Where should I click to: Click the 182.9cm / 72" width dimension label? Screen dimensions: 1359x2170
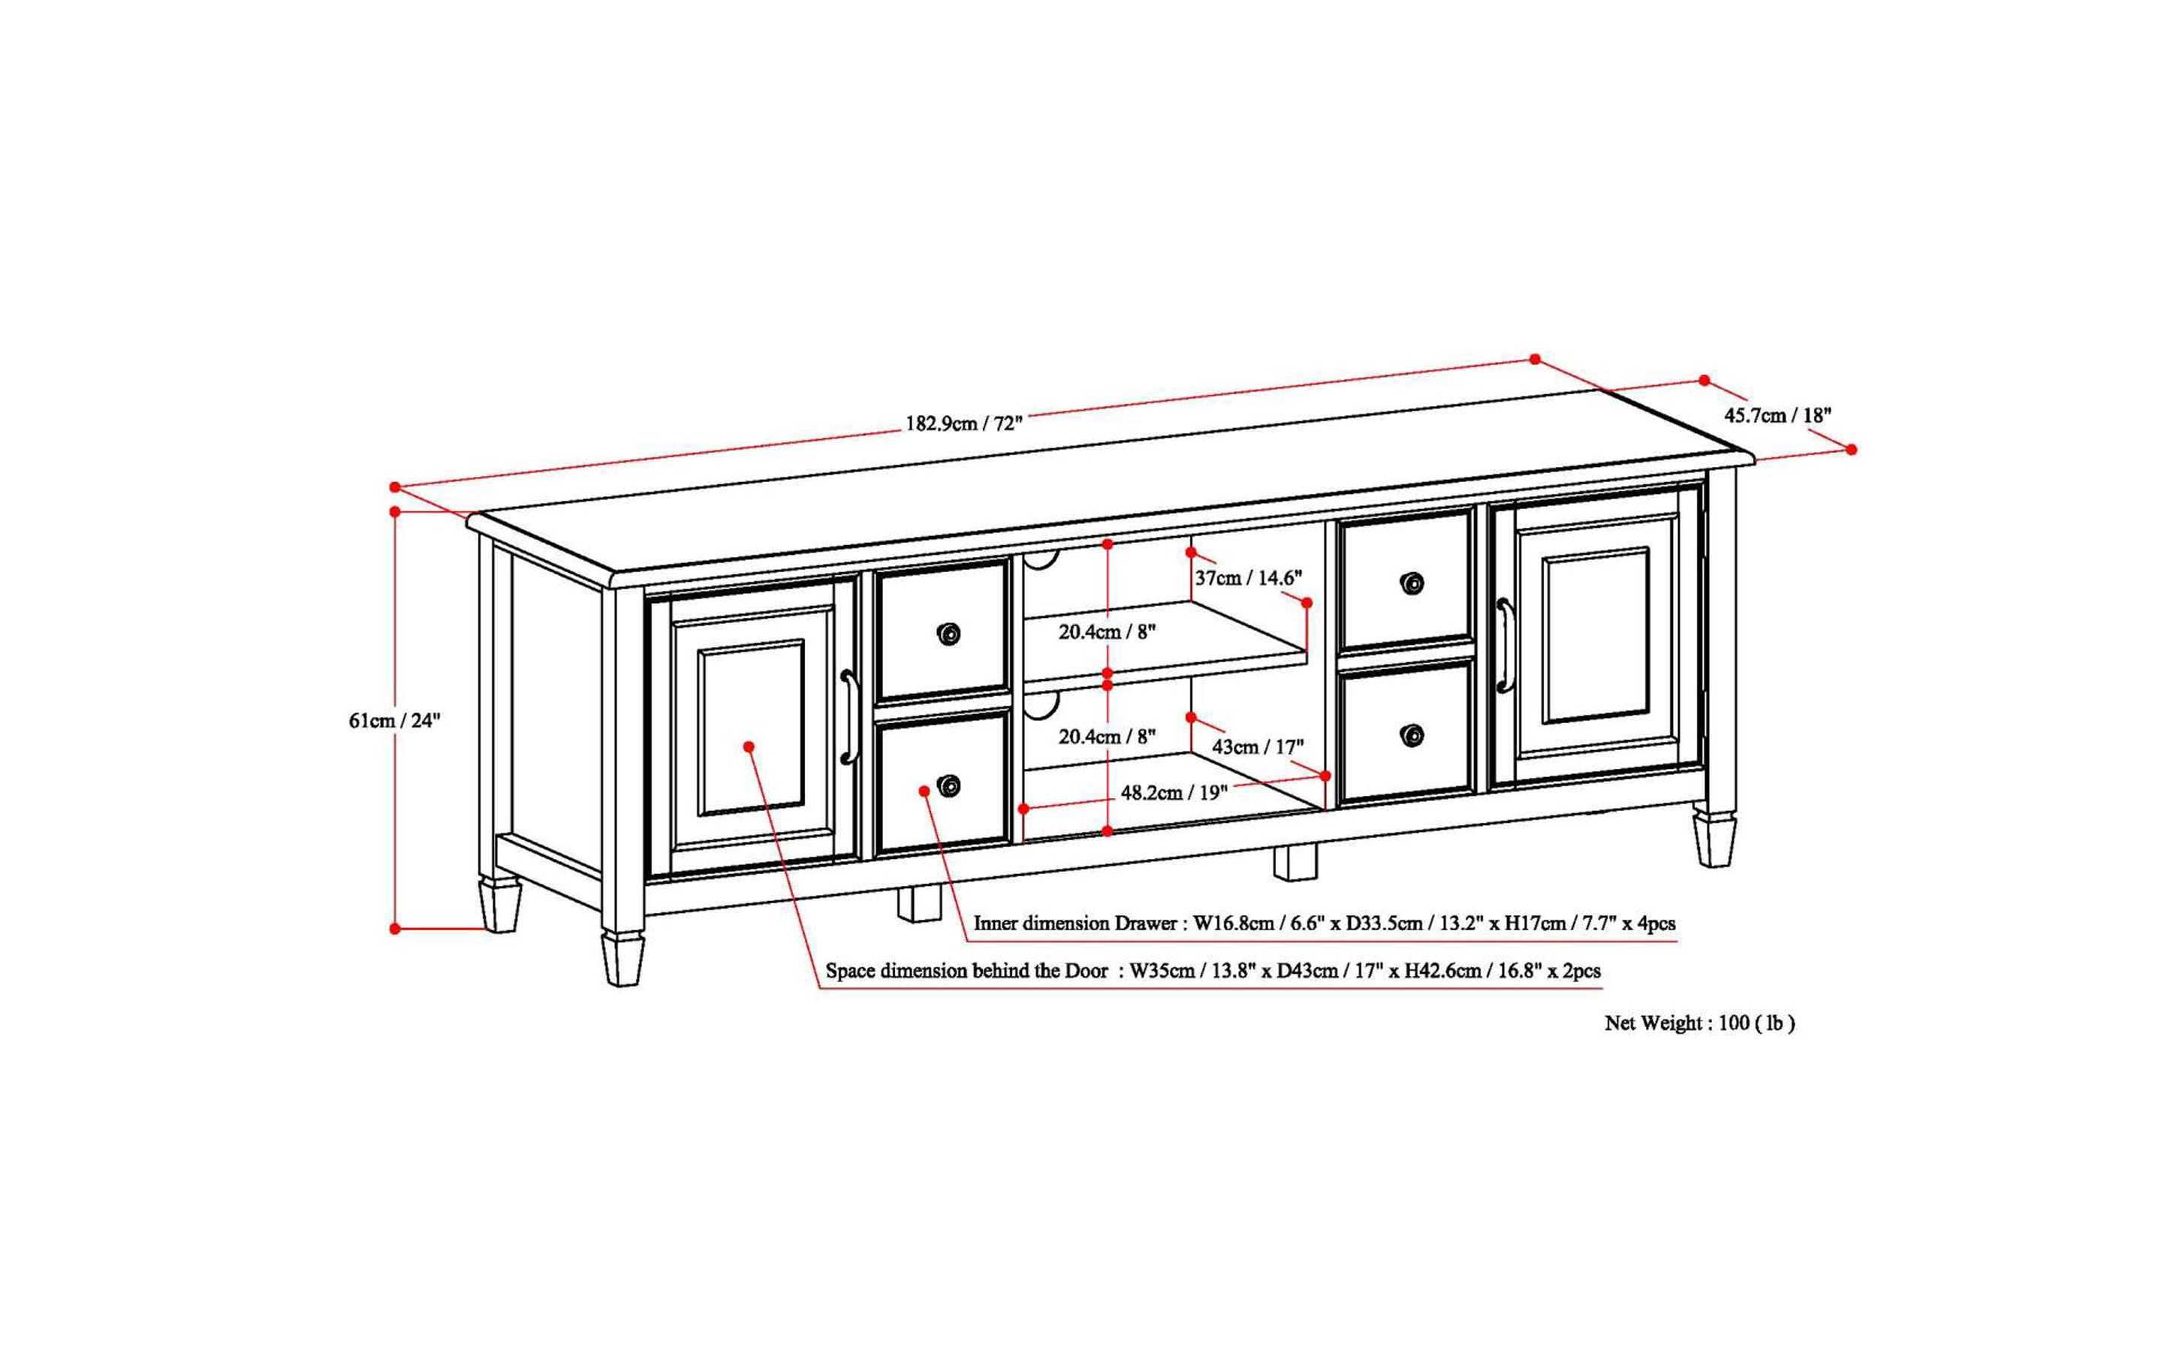(963, 423)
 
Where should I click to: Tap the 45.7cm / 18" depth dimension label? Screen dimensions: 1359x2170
(1777, 415)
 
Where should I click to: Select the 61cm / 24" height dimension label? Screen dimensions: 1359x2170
(395, 720)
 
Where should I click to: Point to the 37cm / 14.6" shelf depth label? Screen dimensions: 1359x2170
(1248, 578)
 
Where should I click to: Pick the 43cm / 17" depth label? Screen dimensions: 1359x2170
(1258, 747)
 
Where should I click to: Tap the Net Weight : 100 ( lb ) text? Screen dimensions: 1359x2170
(1699, 1023)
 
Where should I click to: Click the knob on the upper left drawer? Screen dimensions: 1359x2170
(948, 634)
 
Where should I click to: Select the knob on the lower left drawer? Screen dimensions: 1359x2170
(948, 785)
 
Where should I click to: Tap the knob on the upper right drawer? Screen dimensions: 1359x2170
(1412, 583)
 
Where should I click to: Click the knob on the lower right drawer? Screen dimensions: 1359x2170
(1412, 736)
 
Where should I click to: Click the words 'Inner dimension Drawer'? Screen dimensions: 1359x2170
(1075, 923)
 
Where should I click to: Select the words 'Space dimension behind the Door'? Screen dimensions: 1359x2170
(966, 971)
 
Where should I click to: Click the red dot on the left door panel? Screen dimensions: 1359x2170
(749, 746)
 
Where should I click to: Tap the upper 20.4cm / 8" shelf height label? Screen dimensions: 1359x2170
(1107, 632)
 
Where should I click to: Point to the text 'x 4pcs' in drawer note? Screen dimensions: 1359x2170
(1649, 923)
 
